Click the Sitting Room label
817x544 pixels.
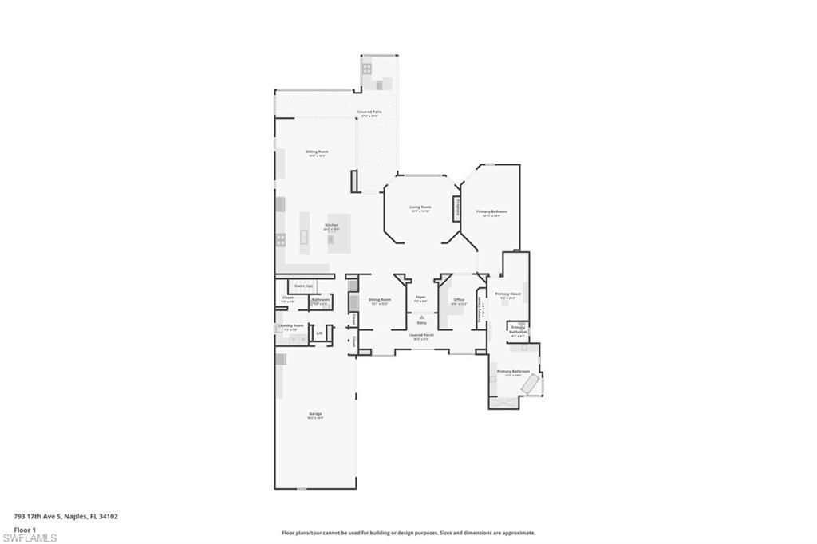coord(318,152)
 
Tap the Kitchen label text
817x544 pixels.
coord(332,225)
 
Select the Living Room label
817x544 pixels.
coord(420,207)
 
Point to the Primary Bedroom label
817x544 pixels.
coord(492,211)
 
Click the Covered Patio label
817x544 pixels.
coord(369,112)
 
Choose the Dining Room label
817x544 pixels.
coord(380,300)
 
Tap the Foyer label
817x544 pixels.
coord(420,297)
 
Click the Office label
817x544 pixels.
coord(459,300)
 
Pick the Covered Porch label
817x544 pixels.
coord(421,335)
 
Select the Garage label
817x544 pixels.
coord(316,414)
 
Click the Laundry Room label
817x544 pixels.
coord(290,325)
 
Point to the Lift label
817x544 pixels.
coord(319,333)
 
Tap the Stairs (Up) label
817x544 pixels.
coord(303,285)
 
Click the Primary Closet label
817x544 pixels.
coord(507,294)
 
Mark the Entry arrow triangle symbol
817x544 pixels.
coord(421,317)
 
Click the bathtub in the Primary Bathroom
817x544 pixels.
coord(529,385)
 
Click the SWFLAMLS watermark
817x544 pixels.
coord(30,538)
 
